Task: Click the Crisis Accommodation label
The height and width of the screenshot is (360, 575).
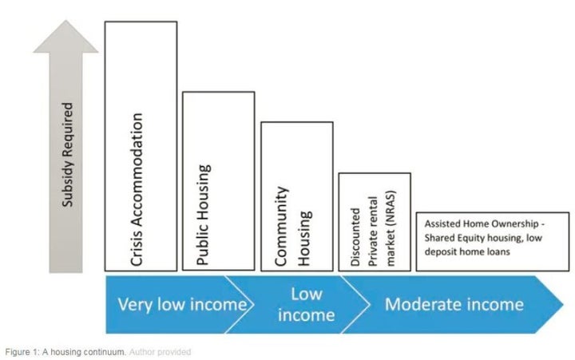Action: click(137, 189)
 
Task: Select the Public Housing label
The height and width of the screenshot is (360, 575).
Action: click(204, 215)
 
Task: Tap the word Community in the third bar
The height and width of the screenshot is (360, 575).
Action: click(282, 226)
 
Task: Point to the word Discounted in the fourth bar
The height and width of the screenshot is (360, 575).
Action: click(355, 237)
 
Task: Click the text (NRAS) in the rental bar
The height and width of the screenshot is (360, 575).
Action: click(391, 208)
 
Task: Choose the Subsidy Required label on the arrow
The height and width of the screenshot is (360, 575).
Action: click(68, 154)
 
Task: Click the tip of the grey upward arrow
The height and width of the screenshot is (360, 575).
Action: click(66, 20)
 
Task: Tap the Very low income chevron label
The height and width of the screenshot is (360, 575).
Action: click(182, 305)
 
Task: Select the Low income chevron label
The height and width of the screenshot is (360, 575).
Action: click(306, 305)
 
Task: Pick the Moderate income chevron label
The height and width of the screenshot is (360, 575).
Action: click(454, 305)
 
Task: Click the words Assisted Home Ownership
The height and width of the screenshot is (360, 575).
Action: click(482, 224)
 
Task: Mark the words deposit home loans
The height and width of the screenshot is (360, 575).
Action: click(467, 252)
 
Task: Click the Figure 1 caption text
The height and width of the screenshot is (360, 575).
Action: click(66, 352)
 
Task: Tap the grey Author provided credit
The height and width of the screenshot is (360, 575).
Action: click(160, 352)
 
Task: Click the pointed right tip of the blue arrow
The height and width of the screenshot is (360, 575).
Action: click(563, 304)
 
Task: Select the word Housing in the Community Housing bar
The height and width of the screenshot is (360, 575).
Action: click(305, 239)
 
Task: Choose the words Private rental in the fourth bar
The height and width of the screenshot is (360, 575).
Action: click(373, 231)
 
